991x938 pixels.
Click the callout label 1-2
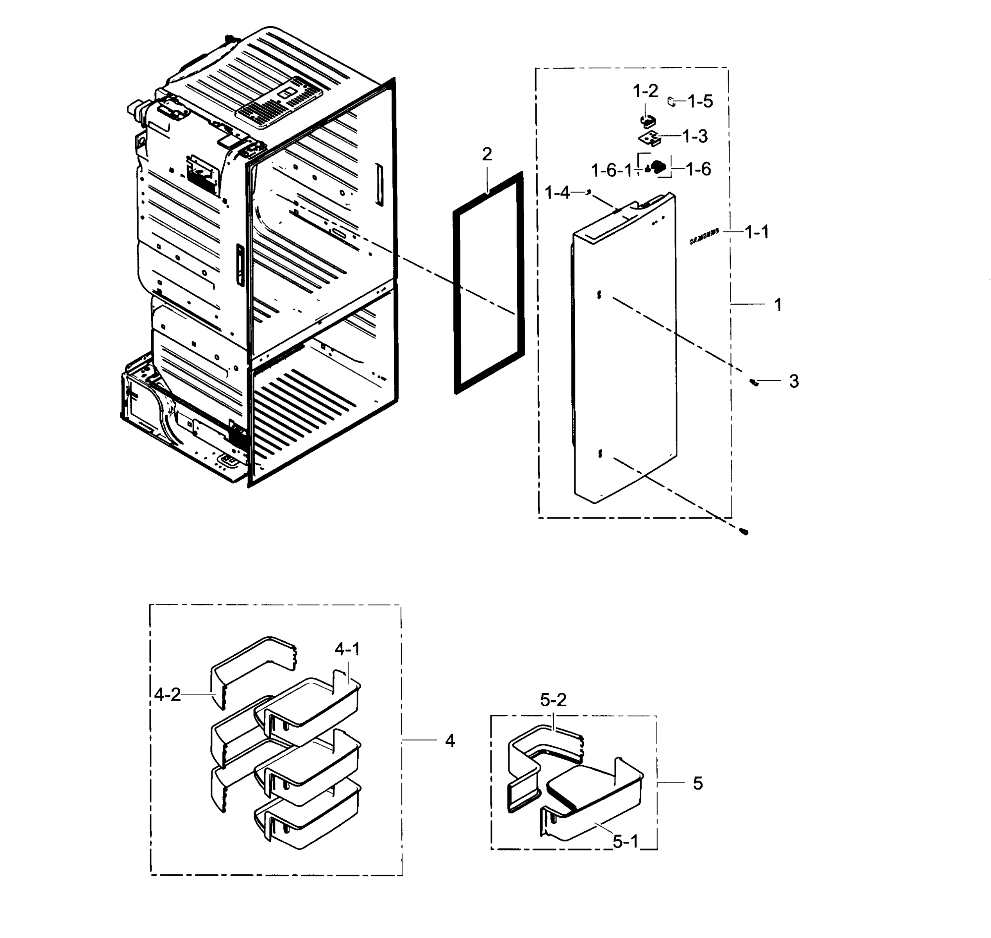tap(645, 91)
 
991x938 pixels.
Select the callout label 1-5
tap(699, 102)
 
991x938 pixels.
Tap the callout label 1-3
tap(695, 136)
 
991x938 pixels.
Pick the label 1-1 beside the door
tap(757, 232)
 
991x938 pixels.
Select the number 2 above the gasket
tap(487, 154)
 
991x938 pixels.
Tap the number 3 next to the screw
tap(794, 381)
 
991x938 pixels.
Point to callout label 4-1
tap(347, 650)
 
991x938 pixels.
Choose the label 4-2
tap(167, 694)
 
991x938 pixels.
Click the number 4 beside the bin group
tap(449, 741)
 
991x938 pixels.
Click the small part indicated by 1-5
tap(671, 102)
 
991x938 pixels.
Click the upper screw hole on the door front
tap(599, 295)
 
